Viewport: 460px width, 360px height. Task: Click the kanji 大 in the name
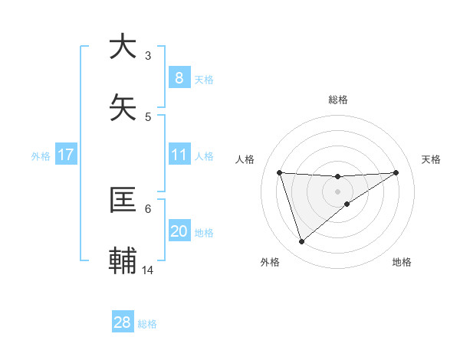coord(123,47)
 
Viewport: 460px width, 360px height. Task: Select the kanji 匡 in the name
coord(123,200)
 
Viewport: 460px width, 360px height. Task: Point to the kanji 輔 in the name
coord(123,261)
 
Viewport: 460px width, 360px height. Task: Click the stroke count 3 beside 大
coord(148,55)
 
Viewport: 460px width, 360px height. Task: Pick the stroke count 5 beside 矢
coord(148,116)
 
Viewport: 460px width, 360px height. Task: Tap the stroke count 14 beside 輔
coord(148,270)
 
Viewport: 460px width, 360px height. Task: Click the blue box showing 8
coord(179,77)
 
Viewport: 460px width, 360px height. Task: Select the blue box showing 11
coord(179,155)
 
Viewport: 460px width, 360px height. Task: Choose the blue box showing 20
coord(179,231)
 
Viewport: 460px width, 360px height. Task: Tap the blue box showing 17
coord(65,155)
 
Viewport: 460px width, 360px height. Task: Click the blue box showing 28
coord(123,322)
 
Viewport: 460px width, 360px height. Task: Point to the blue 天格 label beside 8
coord(204,79)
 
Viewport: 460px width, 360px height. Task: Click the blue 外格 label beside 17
coord(41,155)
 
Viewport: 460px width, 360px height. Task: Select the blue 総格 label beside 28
coord(147,324)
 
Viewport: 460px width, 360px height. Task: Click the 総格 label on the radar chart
coord(337,100)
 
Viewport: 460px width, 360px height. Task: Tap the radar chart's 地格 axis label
coord(402,262)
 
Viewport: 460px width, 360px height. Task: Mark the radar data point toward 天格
coord(396,172)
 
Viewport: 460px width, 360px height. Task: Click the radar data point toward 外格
coord(301,242)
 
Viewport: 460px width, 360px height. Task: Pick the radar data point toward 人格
coord(279,172)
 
